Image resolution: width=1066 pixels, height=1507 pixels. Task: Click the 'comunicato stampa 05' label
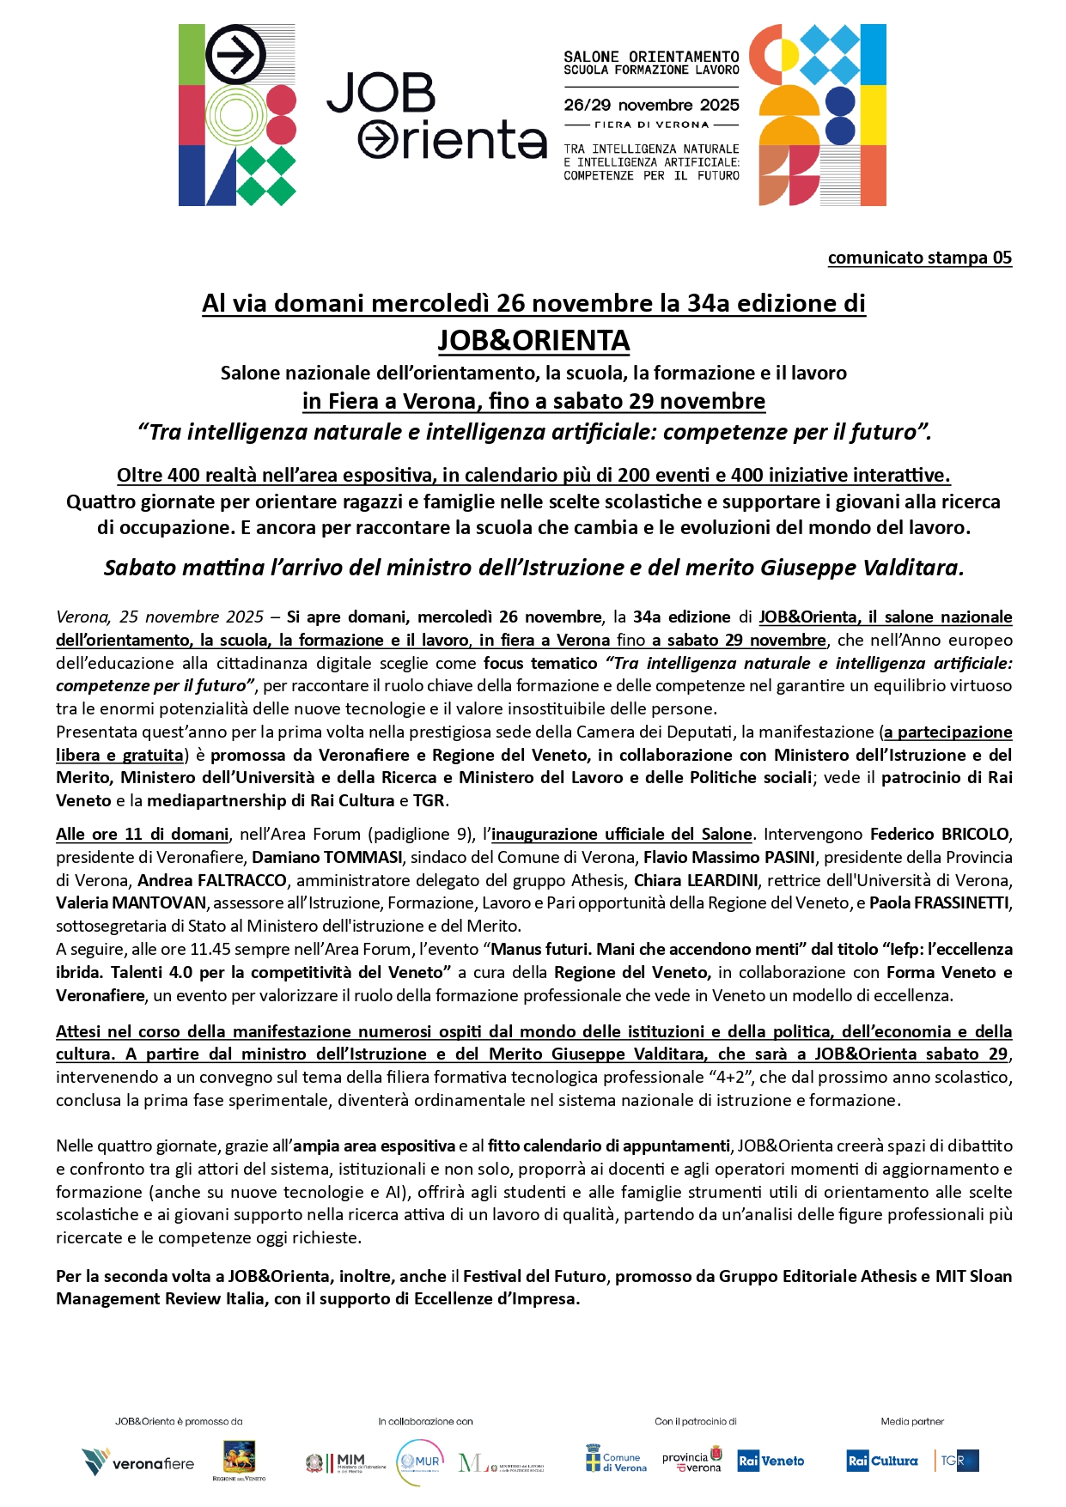tap(919, 258)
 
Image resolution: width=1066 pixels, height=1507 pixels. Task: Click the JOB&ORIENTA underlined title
tap(533, 341)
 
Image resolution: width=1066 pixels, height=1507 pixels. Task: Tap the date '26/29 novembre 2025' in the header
tap(651, 105)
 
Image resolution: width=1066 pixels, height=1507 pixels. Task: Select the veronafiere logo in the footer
tap(138, 1462)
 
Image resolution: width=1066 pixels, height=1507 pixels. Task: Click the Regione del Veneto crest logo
tap(239, 1459)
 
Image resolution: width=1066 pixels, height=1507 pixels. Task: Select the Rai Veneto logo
tap(771, 1461)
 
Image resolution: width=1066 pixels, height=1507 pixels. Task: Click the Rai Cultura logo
tap(882, 1461)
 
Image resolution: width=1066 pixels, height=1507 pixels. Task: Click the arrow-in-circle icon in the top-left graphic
tap(235, 56)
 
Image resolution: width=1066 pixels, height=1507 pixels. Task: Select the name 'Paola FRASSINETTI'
tap(941, 902)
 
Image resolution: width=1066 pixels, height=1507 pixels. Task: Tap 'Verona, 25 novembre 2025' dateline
tap(160, 617)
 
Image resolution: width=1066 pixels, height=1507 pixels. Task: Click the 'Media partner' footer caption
tap(911, 1421)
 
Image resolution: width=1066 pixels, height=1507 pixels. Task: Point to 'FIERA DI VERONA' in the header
tap(651, 125)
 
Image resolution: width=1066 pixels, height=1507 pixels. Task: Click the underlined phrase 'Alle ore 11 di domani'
tap(143, 834)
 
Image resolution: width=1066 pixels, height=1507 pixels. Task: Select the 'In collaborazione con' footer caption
tap(425, 1421)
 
